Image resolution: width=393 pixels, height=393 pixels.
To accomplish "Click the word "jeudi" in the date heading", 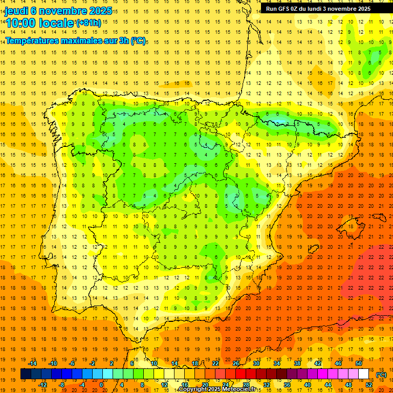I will [16, 11].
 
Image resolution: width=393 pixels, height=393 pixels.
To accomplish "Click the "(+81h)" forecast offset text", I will [89, 24].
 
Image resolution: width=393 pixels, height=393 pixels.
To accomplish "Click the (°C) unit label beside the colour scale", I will [381, 375].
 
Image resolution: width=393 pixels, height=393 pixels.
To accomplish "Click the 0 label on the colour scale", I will [101, 385].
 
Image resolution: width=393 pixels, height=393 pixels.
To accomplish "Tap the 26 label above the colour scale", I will [236, 363].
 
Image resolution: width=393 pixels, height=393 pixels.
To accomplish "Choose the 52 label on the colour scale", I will [369, 385].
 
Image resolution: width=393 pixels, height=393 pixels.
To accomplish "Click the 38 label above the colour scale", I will [297, 363].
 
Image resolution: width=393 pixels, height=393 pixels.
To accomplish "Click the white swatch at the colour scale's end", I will [364, 374].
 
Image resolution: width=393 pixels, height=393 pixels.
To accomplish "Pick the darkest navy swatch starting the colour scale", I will [26, 374].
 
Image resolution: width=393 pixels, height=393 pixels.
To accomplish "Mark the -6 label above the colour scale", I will [72, 363].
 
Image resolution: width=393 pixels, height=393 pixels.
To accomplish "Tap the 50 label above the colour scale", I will [359, 363].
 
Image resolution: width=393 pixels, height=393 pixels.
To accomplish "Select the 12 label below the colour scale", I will [164, 385].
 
